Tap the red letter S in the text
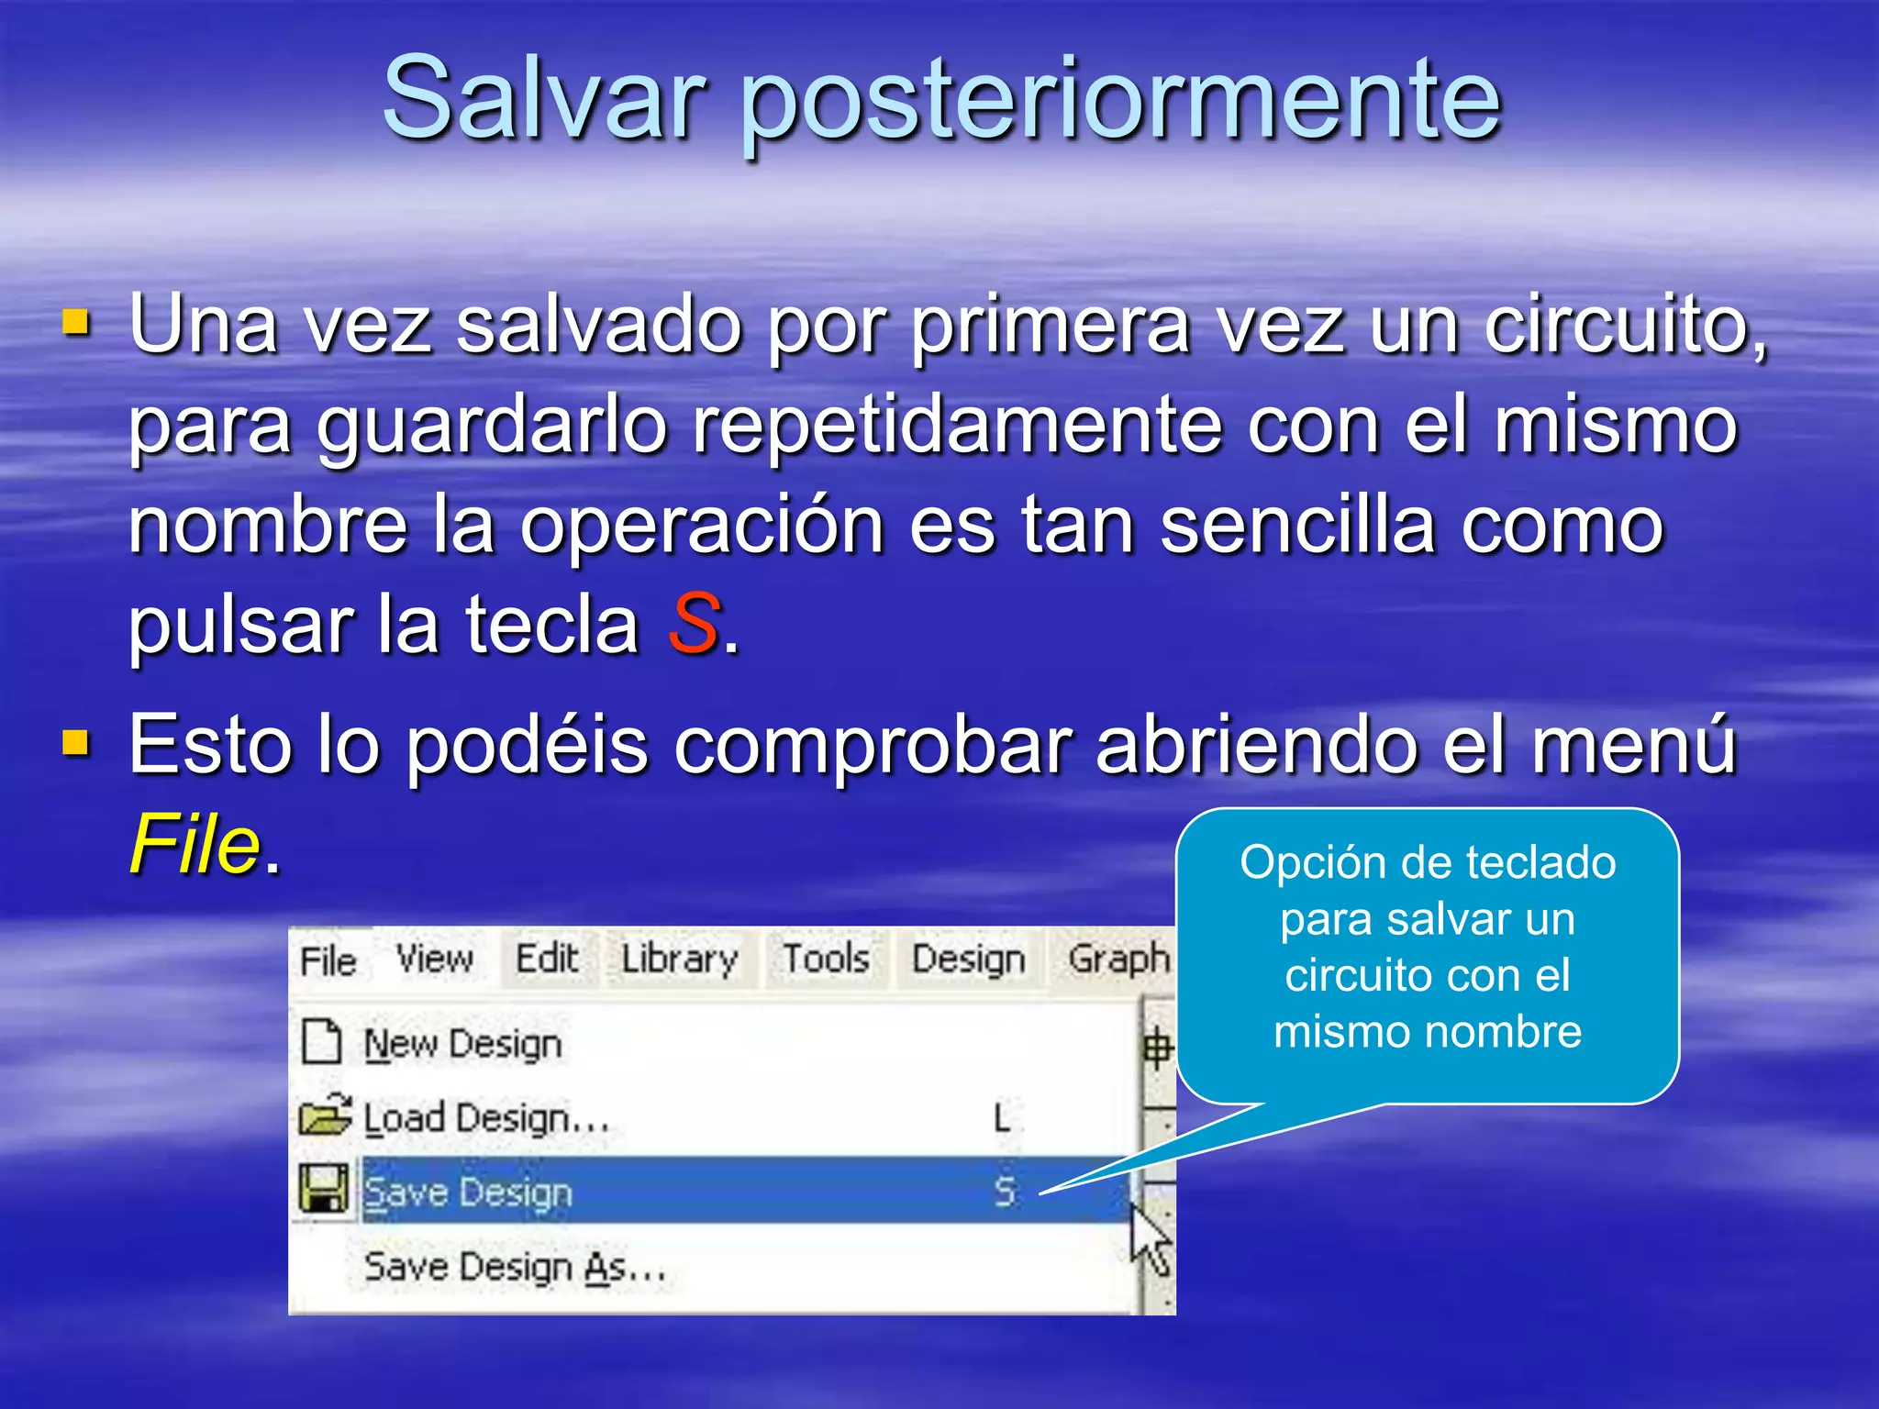694,623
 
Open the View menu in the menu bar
435,960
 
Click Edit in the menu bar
547,960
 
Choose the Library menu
679,960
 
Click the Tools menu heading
826,960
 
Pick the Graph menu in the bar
1118,960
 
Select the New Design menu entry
463,1044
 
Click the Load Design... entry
486,1118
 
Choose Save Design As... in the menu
515,1268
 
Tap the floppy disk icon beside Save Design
324,1189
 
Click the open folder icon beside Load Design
324,1115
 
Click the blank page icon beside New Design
322,1042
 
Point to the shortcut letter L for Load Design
1003,1118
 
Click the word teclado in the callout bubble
1540,863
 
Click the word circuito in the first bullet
1616,326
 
